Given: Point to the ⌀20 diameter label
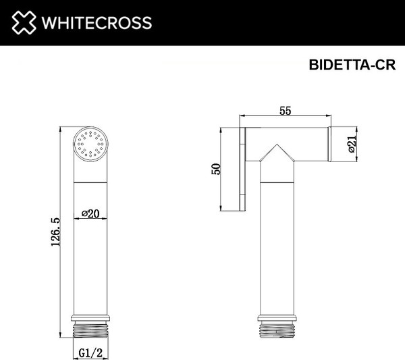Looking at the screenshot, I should [x=90, y=213].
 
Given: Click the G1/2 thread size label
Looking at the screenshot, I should [x=90, y=351].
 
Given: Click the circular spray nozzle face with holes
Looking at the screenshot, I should [x=90, y=144].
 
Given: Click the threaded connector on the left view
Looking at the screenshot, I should [x=90, y=330].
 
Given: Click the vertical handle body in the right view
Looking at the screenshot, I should [x=275, y=250].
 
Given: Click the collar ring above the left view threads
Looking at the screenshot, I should [x=90, y=316].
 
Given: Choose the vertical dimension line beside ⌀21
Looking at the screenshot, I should [x=358, y=144].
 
